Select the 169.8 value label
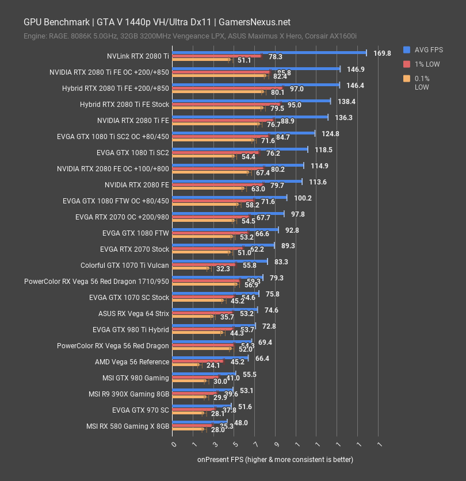pyautogui.click(x=382, y=53)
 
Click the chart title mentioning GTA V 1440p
pyautogui.click(x=157, y=22)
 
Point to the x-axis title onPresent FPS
pyautogui.click(x=275, y=459)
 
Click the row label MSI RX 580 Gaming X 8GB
pyautogui.click(x=128, y=426)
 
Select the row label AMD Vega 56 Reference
pyautogui.click(x=132, y=362)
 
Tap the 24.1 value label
pyautogui.click(x=213, y=365)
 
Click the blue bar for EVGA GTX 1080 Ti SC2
pyautogui.click(x=240, y=149)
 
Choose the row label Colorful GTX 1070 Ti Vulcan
pyautogui.click(x=125, y=265)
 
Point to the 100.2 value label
pyautogui.click(x=303, y=198)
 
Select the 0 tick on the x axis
pyautogui.click(x=174, y=445)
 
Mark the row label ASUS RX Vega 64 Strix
pyautogui.click(x=133, y=314)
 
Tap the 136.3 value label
pyautogui.click(x=343, y=118)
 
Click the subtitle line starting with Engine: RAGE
pyautogui.click(x=190, y=36)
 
